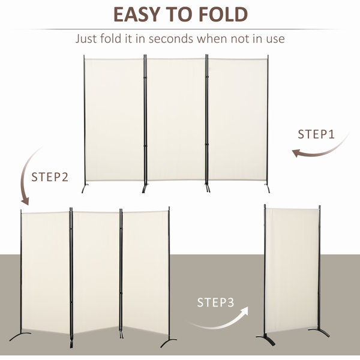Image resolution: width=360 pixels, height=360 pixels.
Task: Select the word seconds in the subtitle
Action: tap(171, 39)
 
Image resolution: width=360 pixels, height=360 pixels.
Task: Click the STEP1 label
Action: tap(316, 134)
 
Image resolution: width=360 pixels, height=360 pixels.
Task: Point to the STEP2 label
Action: tap(50, 177)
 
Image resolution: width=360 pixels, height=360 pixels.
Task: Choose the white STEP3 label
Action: tap(215, 302)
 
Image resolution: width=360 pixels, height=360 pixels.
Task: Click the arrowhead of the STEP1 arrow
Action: tap(296, 152)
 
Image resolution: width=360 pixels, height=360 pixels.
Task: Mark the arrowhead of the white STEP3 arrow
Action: tap(244, 311)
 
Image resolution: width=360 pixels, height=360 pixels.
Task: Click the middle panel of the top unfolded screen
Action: tap(176, 119)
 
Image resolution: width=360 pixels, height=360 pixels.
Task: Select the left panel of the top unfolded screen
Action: tap(115, 120)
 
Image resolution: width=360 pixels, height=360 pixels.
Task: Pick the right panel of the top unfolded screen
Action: tap(238, 119)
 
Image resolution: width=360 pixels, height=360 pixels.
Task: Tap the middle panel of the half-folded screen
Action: tap(96, 272)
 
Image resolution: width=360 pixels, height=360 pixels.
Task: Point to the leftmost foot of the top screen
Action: tap(85, 188)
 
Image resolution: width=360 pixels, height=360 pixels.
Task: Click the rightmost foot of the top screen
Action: tap(267, 188)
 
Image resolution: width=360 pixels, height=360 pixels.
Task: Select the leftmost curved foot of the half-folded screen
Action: tap(20, 335)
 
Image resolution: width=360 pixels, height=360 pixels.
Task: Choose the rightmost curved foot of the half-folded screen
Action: tap(168, 342)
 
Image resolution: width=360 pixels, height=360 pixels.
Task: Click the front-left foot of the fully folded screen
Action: tap(266, 339)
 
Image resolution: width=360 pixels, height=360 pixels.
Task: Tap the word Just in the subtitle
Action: tap(85, 39)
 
